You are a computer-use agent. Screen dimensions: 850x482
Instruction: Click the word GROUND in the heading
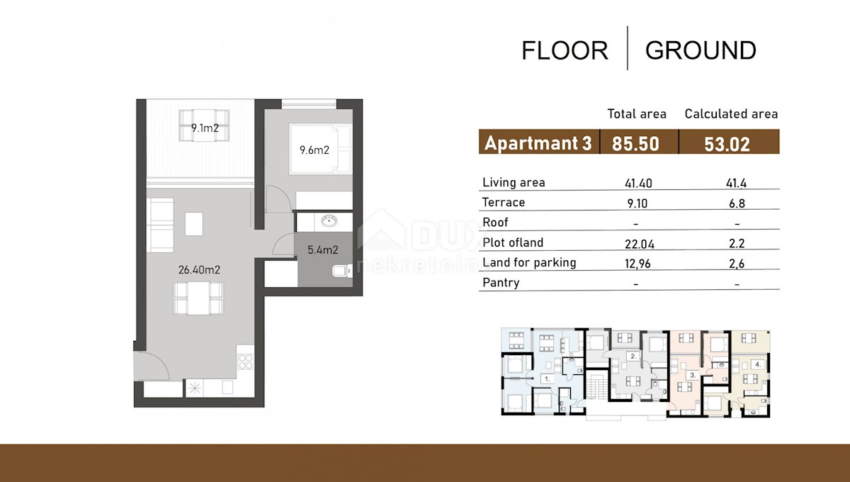click(701, 50)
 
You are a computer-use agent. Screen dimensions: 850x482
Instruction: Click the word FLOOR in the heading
click(565, 50)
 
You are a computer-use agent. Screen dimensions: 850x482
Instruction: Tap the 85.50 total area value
click(635, 144)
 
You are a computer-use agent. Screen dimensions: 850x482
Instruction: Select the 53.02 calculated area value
click(727, 145)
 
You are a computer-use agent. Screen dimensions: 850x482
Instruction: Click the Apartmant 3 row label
click(538, 143)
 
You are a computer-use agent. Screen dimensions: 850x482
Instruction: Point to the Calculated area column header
click(731, 113)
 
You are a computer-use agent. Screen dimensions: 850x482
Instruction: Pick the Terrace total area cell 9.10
click(637, 203)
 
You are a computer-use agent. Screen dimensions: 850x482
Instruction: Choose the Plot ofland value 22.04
click(640, 244)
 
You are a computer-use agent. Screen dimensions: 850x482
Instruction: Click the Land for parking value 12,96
click(637, 264)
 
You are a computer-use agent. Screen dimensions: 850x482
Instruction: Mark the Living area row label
click(514, 182)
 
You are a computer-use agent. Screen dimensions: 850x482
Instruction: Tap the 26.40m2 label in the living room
click(199, 269)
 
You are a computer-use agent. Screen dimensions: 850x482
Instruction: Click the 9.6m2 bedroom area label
click(314, 150)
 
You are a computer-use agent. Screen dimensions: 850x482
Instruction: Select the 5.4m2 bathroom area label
click(322, 250)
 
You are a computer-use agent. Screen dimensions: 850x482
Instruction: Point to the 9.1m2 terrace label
click(205, 128)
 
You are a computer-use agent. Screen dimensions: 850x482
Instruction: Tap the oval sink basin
click(329, 220)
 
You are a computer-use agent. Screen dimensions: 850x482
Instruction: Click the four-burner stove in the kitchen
click(246, 361)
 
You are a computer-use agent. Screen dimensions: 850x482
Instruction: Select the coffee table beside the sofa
click(194, 224)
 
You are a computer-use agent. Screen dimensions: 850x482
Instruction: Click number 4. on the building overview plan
click(758, 364)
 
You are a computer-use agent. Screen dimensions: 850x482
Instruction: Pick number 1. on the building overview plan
click(547, 379)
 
